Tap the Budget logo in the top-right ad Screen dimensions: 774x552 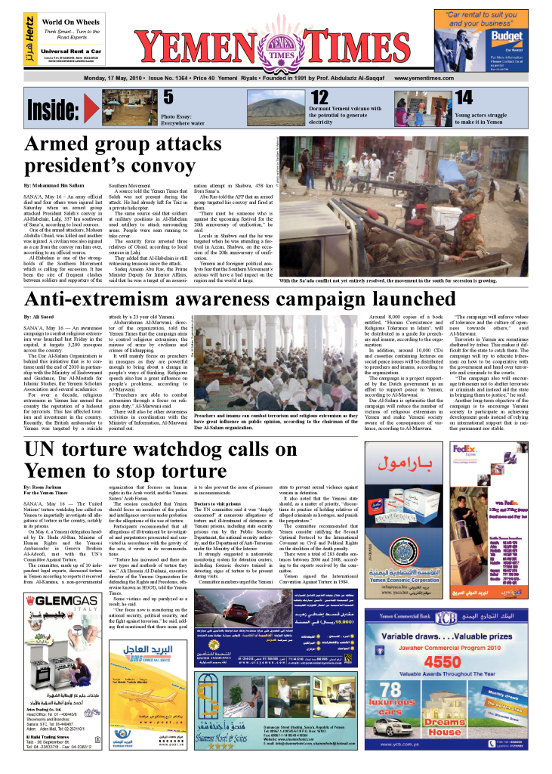505,39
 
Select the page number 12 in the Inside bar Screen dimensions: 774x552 319,98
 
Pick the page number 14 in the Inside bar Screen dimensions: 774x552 464,98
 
